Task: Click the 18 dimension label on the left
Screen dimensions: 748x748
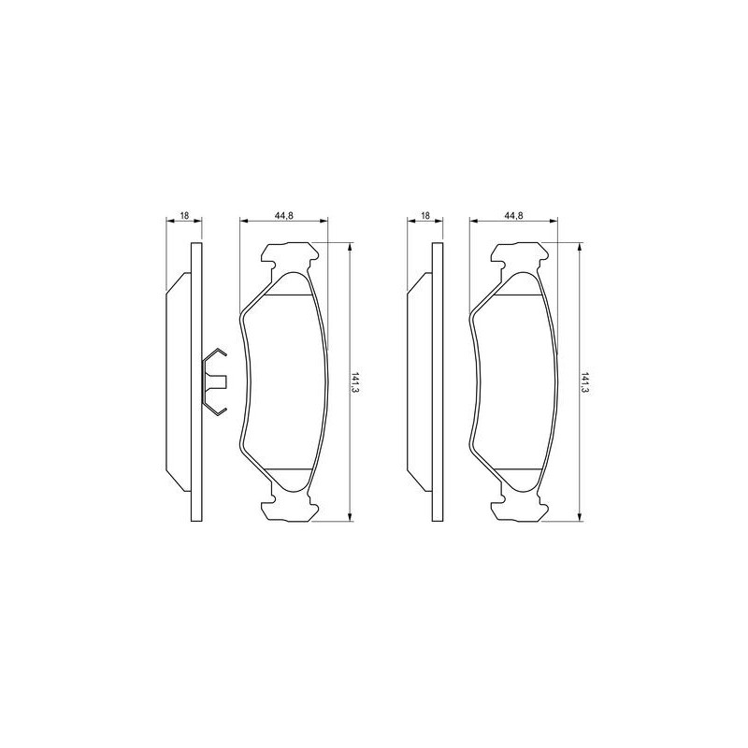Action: click(x=183, y=216)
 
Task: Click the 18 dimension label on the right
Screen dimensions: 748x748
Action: click(x=425, y=216)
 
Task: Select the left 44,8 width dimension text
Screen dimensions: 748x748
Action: click(x=284, y=216)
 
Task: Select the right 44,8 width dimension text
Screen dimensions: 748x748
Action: click(x=513, y=216)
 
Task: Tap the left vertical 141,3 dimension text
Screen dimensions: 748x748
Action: click(x=355, y=382)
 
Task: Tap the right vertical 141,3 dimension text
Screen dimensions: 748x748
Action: click(x=584, y=382)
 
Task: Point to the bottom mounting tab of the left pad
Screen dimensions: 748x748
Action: click(x=289, y=506)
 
